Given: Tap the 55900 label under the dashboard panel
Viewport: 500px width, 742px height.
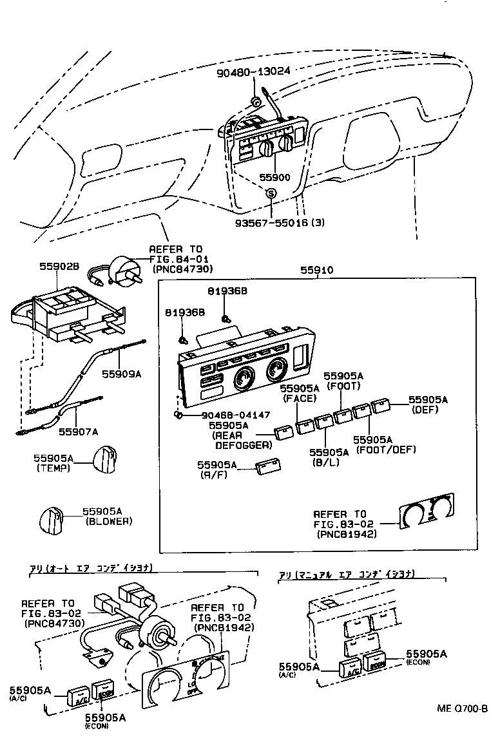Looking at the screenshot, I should pyautogui.click(x=274, y=177).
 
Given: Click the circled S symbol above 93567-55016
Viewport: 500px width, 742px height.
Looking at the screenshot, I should pyautogui.click(x=271, y=193).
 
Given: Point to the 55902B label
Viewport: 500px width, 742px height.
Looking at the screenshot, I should pyautogui.click(x=59, y=265).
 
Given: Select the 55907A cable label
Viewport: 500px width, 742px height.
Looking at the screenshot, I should pyautogui.click(x=79, y=431).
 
